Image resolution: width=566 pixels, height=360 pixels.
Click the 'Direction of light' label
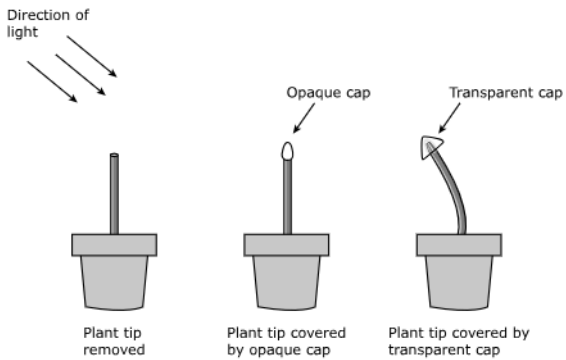click(x=48, y=23)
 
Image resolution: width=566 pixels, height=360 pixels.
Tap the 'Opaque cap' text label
click(x=328, y=93)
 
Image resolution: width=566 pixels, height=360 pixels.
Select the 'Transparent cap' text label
click(x=505, y=93)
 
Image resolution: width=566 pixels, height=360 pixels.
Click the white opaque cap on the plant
click(x=287, y=151)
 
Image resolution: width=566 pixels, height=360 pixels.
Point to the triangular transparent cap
click(x=431, y=147)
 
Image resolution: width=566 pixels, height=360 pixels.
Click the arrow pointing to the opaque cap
click(x=304, y=118)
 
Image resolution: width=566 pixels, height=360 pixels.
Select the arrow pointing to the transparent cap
click(x=449, y=118)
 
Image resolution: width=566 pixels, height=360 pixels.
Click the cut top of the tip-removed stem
click(x=114, y=155)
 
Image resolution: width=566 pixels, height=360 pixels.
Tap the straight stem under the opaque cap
click(x=287, y=197)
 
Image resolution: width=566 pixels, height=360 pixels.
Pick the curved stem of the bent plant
click(x=451, y=188)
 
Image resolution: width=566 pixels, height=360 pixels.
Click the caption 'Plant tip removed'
click(x=114, y=341)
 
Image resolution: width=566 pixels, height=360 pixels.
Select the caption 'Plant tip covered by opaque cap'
click(x=286, y=341)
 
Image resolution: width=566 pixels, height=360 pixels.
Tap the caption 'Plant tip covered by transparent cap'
click(x=459, y=341)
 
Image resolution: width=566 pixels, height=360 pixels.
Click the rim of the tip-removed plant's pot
click(x=114, y=245)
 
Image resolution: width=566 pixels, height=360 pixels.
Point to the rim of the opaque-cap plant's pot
click(x=287, y=245)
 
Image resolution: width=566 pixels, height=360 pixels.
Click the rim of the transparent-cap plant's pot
click(x=459, y=245)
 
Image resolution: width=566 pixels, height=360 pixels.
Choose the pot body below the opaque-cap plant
click(x=287, y=282)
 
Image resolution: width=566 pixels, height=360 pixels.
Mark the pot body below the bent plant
click(x=459, y=282)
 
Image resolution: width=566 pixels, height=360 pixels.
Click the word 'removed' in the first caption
click(x=114, y=350)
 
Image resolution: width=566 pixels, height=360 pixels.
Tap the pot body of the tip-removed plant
click(x=114, y=282)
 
